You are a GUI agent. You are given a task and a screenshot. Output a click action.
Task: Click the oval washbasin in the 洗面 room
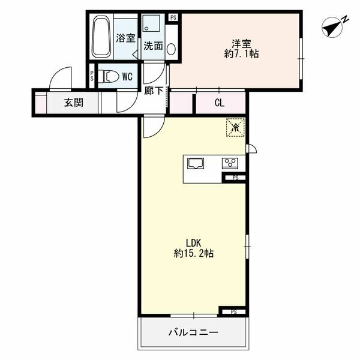pyautogui.click(x=171, y=49)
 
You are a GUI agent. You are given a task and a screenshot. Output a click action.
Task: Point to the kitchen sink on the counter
pyautogui.click(x=196, y=163)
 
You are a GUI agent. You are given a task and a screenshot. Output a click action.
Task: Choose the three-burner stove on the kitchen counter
pyautogui.click(x=230, y=163)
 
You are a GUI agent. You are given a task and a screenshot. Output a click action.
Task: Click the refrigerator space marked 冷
pyautogui.click(x=235, y=127)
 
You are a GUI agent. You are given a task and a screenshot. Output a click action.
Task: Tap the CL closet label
pyautogui.click(x=219, y=103)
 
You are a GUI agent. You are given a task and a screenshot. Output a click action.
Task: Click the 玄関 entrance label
pyautogui.click(x=73, y=103)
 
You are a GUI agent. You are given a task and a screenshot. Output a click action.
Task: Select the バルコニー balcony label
pyautogui.click(x=193, y=332)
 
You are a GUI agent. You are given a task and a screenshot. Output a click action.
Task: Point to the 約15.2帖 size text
pyautogui.click(x=194, y=253)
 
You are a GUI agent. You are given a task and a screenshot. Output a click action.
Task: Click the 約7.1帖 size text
pyautogui.click(x=241, y=54)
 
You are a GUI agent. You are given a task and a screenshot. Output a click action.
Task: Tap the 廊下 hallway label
pyautogui.click(x=154, y=91)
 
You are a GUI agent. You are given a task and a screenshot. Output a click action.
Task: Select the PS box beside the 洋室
pyautogui.click(x=173, y=17)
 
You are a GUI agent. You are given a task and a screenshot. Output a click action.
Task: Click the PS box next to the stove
pyautogui.click(x=235, y=178)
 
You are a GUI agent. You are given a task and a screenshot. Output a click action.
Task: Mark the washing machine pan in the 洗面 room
pyautogui.click(x=151, y=23)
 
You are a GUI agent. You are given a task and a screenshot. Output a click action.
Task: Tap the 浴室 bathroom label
pyautogui.click(x=125, y=38)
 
